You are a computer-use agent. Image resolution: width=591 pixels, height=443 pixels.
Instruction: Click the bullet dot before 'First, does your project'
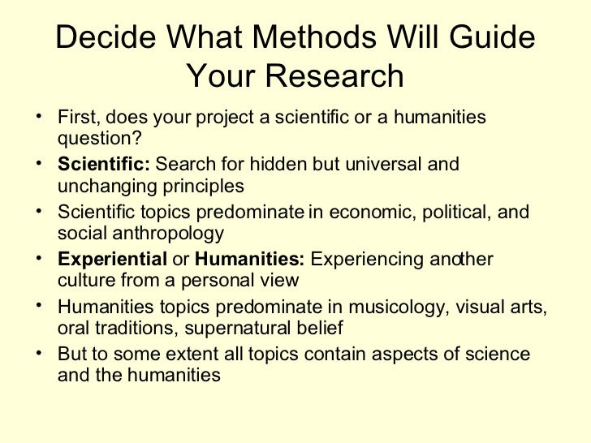tap(41, 117)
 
